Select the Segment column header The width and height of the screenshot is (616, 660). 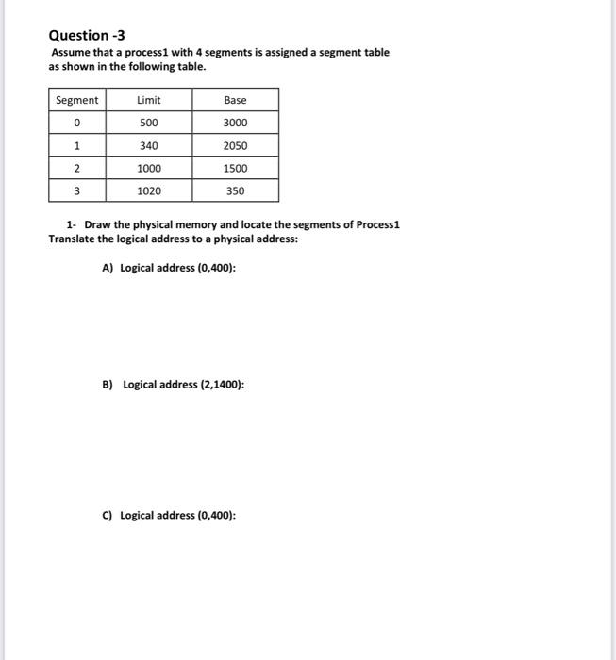click(76, 100)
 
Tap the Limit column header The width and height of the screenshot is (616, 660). click(148, 100)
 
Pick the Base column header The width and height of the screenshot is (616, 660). click(235, 100)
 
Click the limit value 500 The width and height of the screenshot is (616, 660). click(148, 123)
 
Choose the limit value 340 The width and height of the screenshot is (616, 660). click(148, 145)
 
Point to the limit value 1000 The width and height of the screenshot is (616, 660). click(148, 168)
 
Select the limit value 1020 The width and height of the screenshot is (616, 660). click(148, 190)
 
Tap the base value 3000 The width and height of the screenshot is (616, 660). click(235, 123)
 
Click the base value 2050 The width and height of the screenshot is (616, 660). click(235, 145)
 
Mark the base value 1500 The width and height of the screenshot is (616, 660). click(235, 168)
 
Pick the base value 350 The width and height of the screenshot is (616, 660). click(235, 190)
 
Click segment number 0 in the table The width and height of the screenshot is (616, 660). click(76, 123)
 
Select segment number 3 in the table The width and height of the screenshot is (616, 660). click(76, 190)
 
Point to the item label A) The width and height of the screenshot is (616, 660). click(108, 268)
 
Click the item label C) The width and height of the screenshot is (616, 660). click(108, 515)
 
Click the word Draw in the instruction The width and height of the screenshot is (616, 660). click(97, 226)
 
